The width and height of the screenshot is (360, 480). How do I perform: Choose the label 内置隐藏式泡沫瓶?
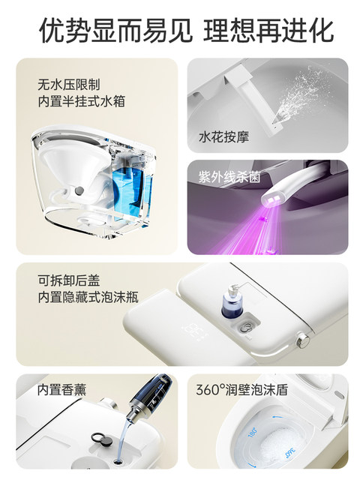(x=88, y=297)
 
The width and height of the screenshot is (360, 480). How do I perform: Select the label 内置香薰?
(x=61, y=391)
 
